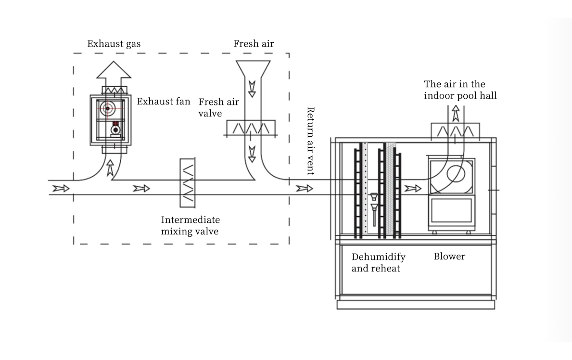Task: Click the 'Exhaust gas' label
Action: pos(114,44)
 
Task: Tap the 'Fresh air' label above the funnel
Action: pos(254,43)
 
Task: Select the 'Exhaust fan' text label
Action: pos(164,101)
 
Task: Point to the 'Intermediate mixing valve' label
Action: pos(191,225)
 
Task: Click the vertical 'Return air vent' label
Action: pos(310,141)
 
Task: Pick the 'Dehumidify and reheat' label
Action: pos(378,262)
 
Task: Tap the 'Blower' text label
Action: pos(449,257)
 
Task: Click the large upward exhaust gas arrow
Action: pos(114,70)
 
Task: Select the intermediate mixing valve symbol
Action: pos(188,182)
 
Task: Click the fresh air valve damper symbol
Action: pos(251,128)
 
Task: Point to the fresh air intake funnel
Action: pos(253,69)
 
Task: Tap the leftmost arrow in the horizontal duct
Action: pos(61,188)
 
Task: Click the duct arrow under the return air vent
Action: pos(304,188)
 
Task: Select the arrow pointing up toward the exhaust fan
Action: pos(110,168)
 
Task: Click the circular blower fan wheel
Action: pos(456,174)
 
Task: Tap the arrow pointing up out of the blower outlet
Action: pos(456,114)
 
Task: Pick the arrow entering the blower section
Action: pos(413,188)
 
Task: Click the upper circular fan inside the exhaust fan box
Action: pos(108,108)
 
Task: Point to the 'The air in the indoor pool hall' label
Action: pos(460,90)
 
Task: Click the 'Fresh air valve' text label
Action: pos(218,107)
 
